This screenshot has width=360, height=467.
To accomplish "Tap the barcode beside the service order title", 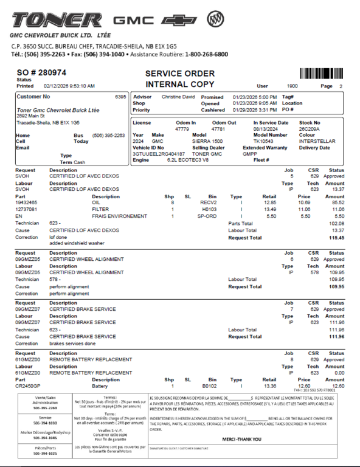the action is pos(321,75).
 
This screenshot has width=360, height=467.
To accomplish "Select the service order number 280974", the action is pos(52,73).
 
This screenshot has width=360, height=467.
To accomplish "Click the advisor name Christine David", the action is pos(178,97).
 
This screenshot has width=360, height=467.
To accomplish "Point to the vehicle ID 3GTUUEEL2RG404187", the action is pos(158,154).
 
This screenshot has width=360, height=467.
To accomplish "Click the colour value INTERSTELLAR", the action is pos(317,141).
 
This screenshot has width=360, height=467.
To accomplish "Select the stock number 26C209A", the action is pos(310,129).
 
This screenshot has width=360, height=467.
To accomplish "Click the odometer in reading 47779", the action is pos(182,129).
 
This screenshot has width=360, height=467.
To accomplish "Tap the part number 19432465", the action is pos(27,202).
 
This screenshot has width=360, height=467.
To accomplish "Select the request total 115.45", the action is pos(334,238).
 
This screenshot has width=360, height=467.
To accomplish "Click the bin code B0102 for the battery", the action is pos(209,386).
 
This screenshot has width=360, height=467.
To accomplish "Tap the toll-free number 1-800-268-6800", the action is pos(202,54).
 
